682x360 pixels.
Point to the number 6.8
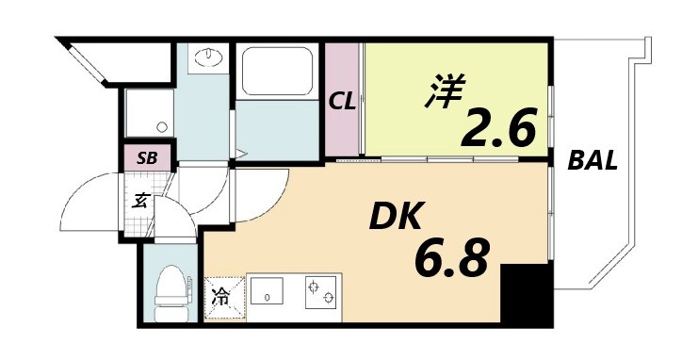coord(452,256)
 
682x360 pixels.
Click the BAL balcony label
coord(593,161)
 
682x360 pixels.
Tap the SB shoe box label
coord(147,158)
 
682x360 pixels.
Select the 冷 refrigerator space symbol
coord(220,297)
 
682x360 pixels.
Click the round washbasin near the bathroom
coord(205,58)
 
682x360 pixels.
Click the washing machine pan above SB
coord(145,116)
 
